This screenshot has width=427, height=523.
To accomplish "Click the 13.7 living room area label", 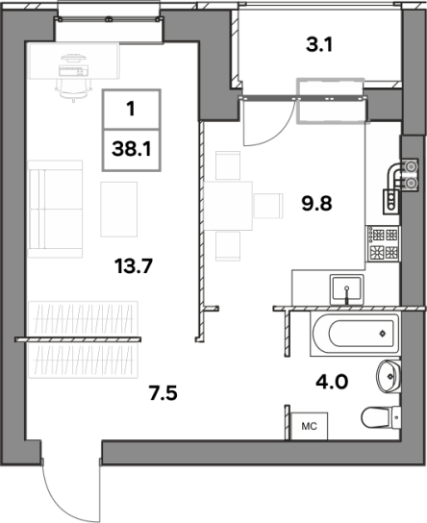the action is (x=134, y=266).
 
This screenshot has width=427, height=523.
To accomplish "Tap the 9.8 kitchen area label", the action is (x=317, y=204).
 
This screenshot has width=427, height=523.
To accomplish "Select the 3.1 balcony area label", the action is (x=319, y=45).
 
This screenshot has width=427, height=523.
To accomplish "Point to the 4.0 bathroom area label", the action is (x=332, y=382).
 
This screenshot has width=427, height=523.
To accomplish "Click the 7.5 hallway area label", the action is (x=163, y=392).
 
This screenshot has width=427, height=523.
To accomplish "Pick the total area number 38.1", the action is (x=132, y=149).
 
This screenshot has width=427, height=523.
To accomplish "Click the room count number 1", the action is (x=131, y=109).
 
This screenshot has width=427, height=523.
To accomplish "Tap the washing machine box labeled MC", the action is (x=309, y=426).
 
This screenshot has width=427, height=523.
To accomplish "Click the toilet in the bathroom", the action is (x=381, y=417).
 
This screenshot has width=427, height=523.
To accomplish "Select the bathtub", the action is (x=355, y=335).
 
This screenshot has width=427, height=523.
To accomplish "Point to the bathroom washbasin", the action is (x=389, y=376).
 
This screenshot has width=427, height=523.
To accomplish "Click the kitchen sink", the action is (x=347, y=288).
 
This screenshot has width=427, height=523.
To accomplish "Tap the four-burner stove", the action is (x=383, y=244).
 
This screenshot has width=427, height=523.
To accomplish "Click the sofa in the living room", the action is (x=55, y=209).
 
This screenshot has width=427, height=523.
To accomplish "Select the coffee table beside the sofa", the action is (x=118, y=210).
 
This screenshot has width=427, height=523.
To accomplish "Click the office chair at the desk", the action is (x=73, y=89).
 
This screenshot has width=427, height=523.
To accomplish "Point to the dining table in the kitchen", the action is (x=228, y=206).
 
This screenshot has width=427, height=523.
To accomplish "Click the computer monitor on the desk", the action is (x=73, y=59).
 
